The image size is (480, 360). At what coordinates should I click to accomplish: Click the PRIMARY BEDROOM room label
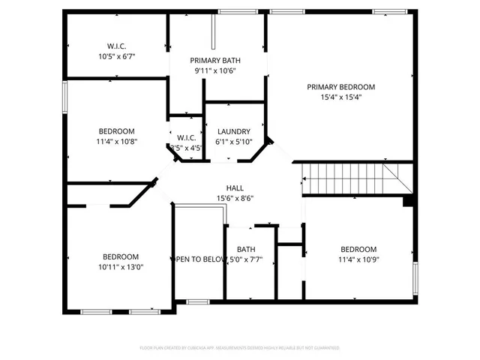[340, 87]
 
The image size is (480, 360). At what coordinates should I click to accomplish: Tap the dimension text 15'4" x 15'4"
[340, 97]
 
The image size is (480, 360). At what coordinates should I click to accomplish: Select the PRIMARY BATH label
[215, 61]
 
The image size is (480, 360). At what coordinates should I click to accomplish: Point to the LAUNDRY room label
[232, 131]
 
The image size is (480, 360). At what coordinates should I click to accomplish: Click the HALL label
[235, 188]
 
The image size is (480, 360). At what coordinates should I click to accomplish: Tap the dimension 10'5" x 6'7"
[116, 56]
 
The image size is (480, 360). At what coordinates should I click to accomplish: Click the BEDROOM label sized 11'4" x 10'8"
[115, 131]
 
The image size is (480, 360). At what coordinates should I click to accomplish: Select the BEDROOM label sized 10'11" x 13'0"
[121, 256]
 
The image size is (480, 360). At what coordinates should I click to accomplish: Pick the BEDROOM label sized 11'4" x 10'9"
[358, 250]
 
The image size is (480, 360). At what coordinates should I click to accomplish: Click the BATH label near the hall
[246, 250]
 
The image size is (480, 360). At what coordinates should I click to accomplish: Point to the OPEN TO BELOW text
[200, 259]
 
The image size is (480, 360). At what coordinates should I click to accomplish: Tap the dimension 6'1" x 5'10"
[234, 141]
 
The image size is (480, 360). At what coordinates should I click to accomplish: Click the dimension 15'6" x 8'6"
[235, 198]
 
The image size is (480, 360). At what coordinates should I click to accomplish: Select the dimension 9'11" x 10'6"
[215, 70]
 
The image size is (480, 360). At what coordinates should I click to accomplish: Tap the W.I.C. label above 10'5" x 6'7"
[116, 46]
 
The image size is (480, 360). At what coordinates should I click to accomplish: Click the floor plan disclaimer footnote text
[240, 348]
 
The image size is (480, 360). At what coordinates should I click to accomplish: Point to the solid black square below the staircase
[408, 201]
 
